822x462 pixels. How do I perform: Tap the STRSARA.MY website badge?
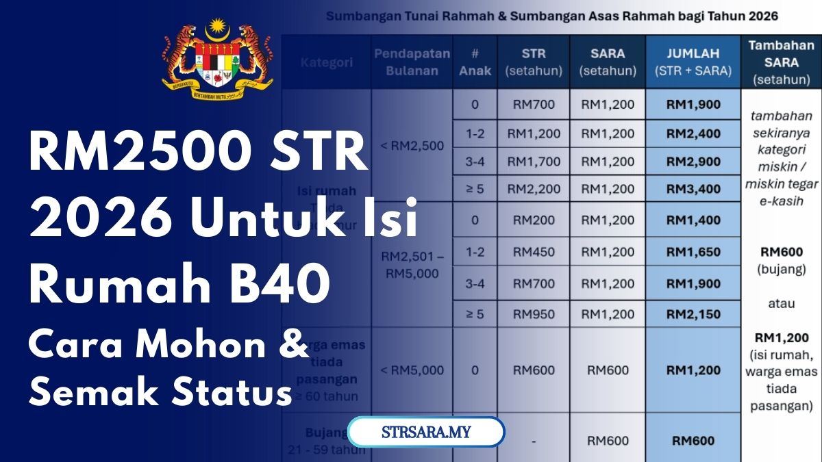[426, 433]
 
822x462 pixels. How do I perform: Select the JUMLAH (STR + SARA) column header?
[693, 62]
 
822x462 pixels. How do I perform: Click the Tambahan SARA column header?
[781, 62]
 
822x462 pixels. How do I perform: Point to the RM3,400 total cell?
[693, 189]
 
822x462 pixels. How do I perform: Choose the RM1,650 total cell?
[693, 252]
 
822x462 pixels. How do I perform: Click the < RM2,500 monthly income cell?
[412, 145]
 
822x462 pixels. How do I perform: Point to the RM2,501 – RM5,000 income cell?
[412, 266]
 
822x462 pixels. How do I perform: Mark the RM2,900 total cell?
[693, 162]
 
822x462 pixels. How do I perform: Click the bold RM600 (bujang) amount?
[781, 253]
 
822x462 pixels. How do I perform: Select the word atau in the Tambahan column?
[781, 303]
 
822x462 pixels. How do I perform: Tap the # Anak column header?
[475, 62]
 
